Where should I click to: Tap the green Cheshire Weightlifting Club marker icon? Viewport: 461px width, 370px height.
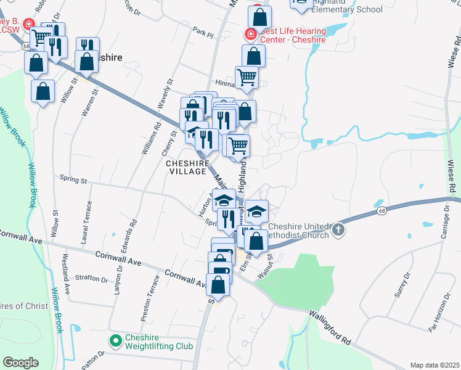click(x=115, y=340)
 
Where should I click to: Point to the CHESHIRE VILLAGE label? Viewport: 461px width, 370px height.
click(x=186, y=167)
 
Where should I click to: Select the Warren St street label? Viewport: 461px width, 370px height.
click(x=91, y=102)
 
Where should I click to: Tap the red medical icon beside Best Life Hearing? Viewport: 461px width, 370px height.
click(x=250, y=35)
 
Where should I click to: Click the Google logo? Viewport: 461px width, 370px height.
click(x=20, y=363)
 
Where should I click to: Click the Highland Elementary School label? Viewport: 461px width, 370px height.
click(x=348, y=9)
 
